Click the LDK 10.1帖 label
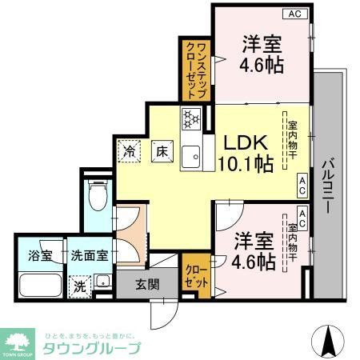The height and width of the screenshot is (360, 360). (246, 152)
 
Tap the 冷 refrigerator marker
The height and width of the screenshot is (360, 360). (129, 149)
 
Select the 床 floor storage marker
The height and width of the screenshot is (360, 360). (160, 150)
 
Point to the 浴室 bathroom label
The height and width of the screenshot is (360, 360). (41, 256)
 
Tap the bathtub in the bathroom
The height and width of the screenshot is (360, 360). (40, 286)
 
